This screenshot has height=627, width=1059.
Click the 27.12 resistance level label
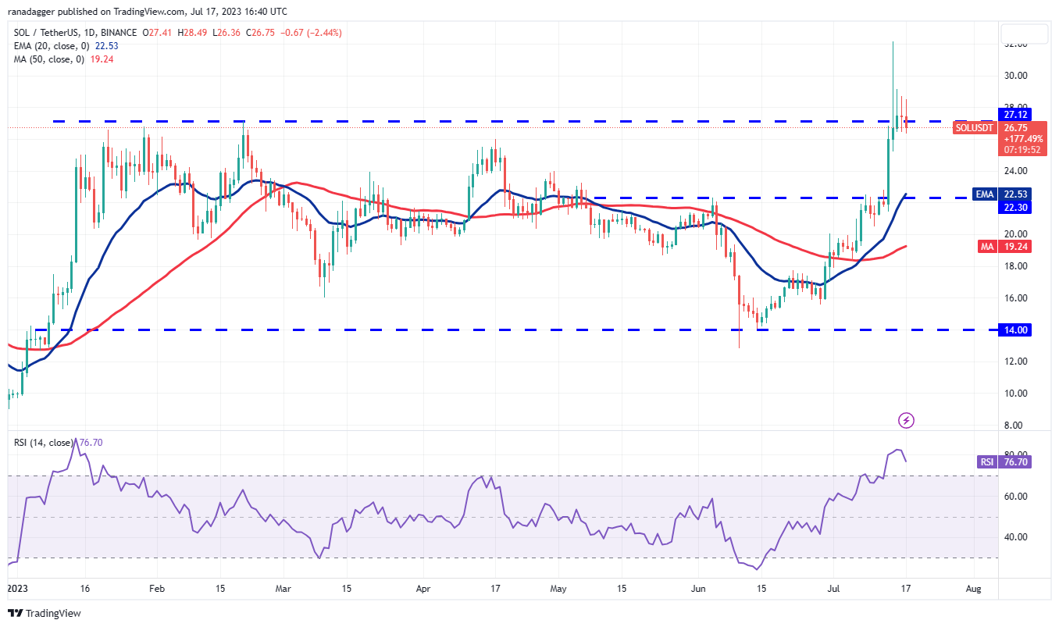(x=1016, y=114)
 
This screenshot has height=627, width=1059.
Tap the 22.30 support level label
(x=1016, y=207)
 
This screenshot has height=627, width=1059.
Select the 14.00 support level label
(x=1016, y=330)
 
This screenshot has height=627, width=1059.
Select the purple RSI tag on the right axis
(x=986, y=461)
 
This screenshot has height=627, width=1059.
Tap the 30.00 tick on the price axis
(x=1015, y=76)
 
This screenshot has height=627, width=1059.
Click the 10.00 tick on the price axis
(x=1015, y=394)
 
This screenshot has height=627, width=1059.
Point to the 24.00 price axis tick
(x=1015, y=171)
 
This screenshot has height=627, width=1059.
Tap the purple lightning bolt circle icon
(x=906, y=421)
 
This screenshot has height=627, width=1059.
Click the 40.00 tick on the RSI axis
(x=1015, y=537)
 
